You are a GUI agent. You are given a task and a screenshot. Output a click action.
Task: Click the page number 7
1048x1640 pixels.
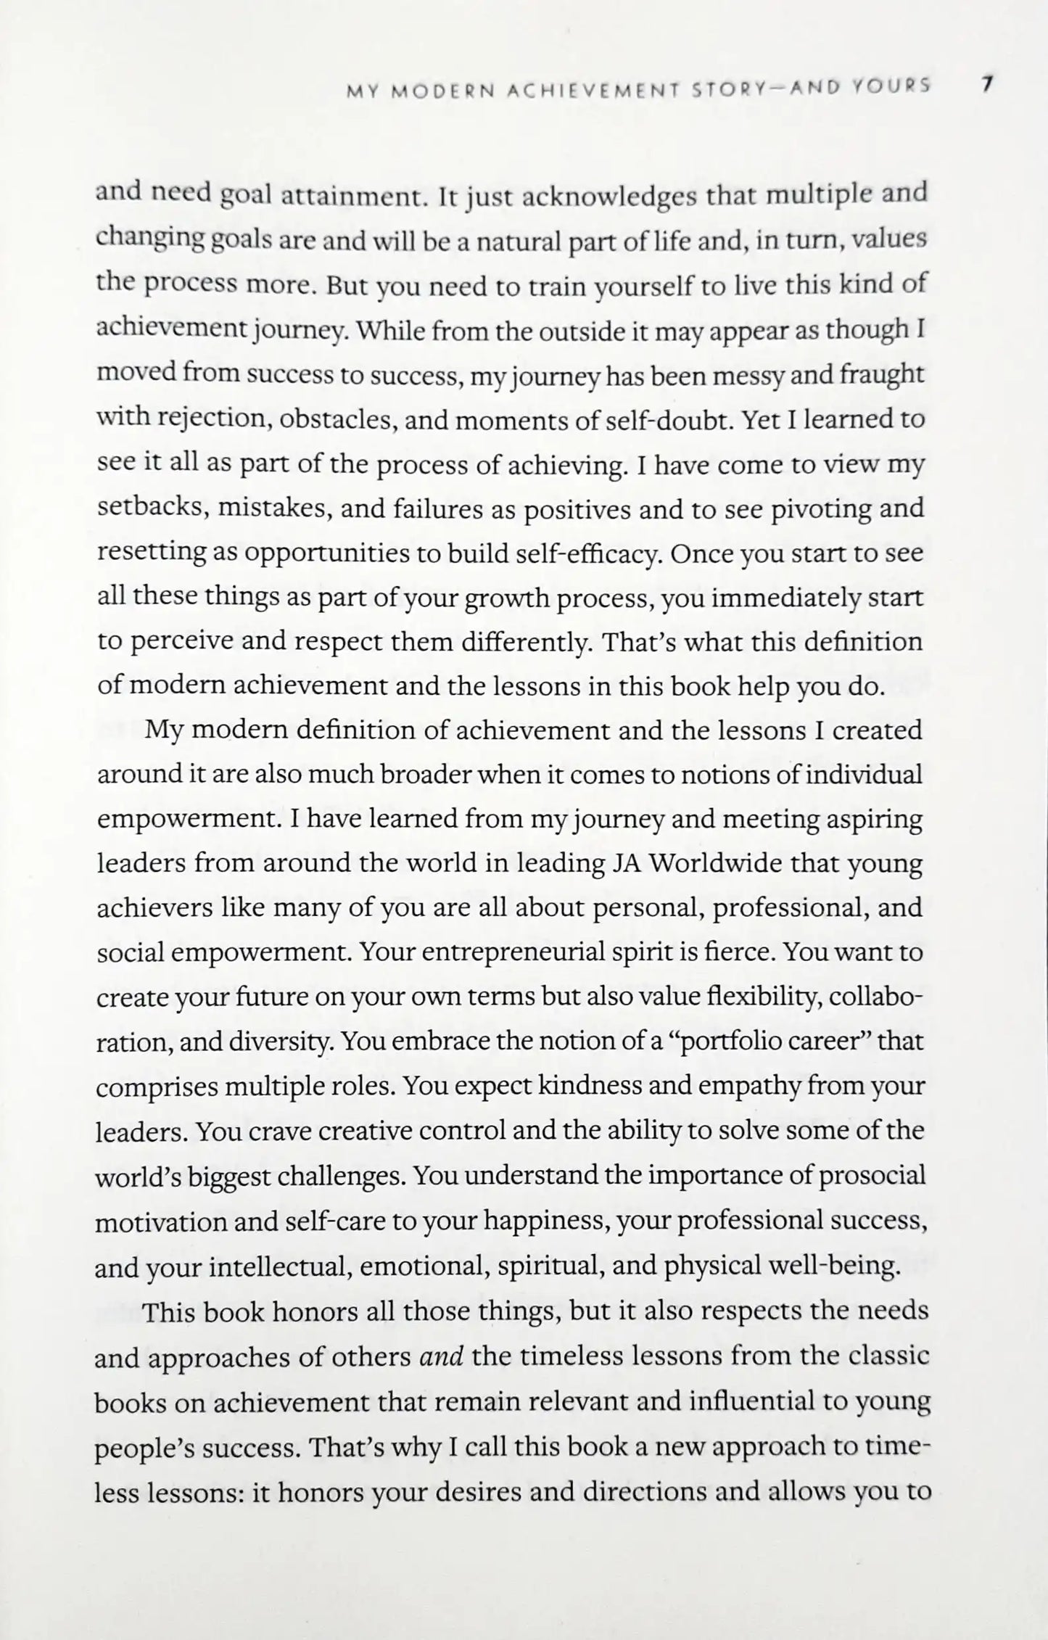click(x=986, y=85)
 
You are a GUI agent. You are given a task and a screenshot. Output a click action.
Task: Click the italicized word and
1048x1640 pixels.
click(x=442, y=1356)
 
